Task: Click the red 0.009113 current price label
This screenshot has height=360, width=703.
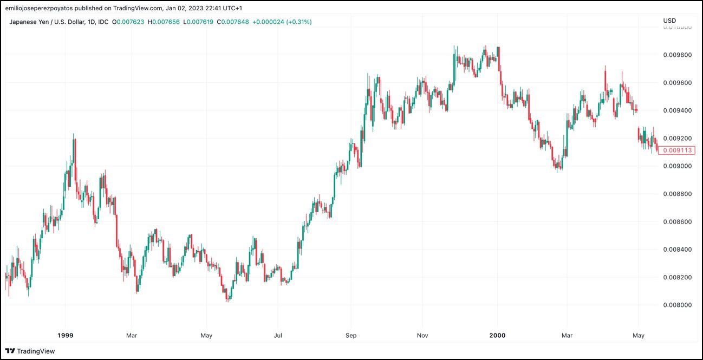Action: coord(676,150)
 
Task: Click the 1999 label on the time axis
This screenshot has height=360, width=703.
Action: coord(65,336)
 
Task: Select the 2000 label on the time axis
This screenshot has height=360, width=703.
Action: coord(497,336)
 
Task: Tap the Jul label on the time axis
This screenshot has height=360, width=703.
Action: coord(277,336)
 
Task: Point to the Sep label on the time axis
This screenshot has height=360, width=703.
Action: coord(351,336)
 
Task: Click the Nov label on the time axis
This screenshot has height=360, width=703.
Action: coord(422,336)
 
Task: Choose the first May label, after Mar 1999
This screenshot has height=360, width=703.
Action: coord(206,336)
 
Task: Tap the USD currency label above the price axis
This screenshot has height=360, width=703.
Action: coord(669,21)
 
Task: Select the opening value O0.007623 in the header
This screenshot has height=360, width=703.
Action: coord(129,22)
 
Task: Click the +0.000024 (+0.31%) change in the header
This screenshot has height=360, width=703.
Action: coord(282,22)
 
